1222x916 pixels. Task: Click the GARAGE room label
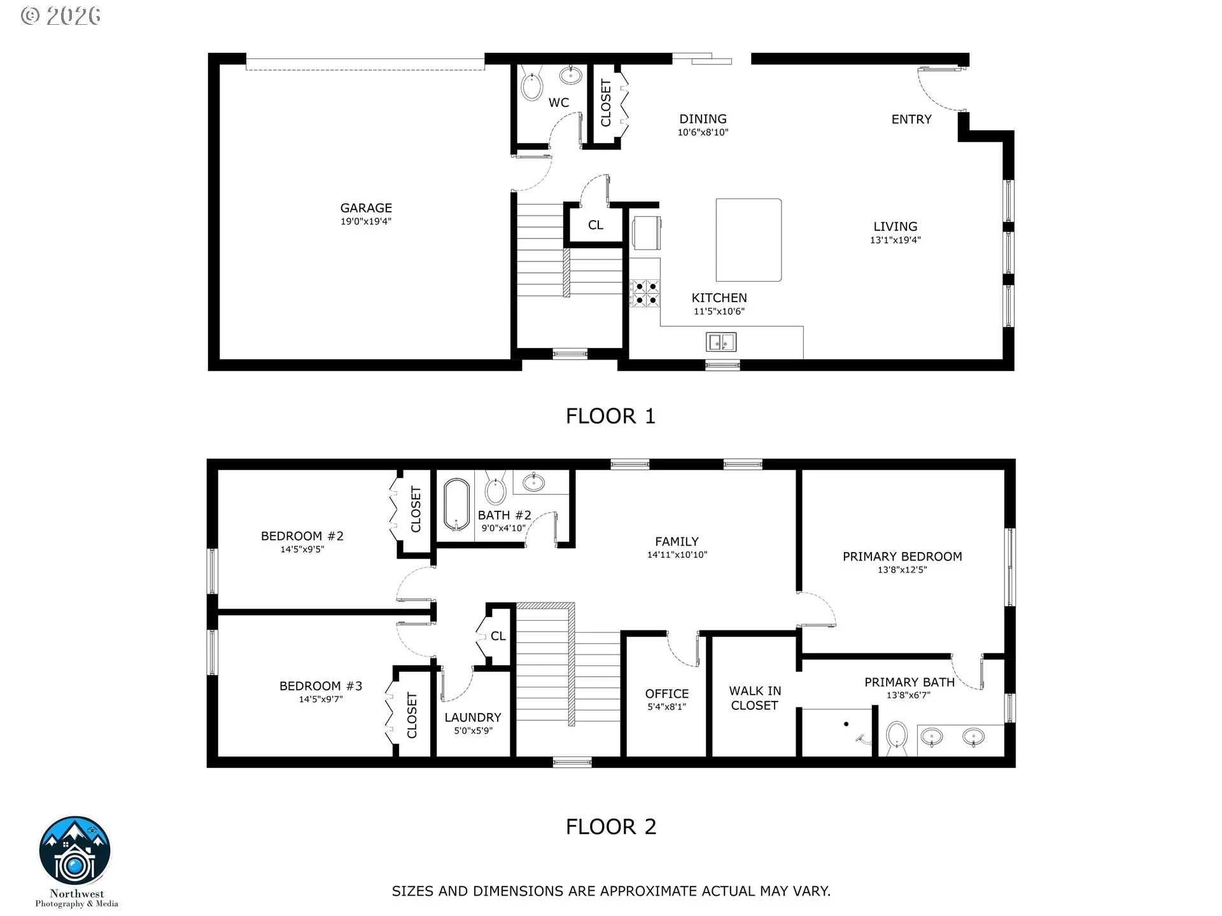click(x=366, y=208)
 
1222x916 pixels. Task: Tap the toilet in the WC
click(x=531, y=84)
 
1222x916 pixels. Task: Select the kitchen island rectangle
click(x=748, y=240)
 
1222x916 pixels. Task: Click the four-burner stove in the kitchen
click(x=645, y=293)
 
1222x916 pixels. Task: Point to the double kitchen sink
click(x=721, y=342)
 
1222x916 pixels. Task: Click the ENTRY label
click(x=911, y=120)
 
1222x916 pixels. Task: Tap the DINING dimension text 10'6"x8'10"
click(x=703, y=133)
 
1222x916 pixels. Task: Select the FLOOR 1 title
click(x=610, y=416)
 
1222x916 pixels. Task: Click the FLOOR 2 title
click(x=611, y=827)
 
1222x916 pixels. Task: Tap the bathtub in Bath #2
click(x=456, y=505)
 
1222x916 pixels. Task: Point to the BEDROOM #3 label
click(x=321, y=686)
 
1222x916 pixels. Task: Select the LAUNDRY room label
click(x=473, y=718)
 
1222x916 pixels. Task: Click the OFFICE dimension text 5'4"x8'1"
click(x=666, y=707)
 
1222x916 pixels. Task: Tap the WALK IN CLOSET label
click(x=755, y=698)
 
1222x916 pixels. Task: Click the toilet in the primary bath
click(x=897, y=737)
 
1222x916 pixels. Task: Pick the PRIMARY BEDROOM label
click(x=902, y=557)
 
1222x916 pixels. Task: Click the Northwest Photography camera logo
click(x=75, y=851)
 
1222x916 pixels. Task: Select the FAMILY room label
click(x=677, y=542)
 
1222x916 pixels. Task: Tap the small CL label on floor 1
click(x=596, y=225)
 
